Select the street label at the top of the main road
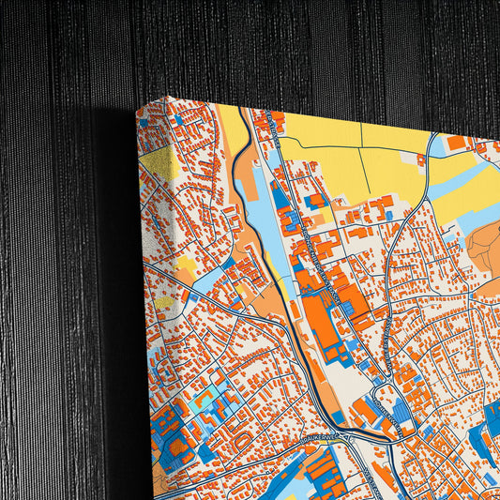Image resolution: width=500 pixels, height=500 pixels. click(x=273, y=122)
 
